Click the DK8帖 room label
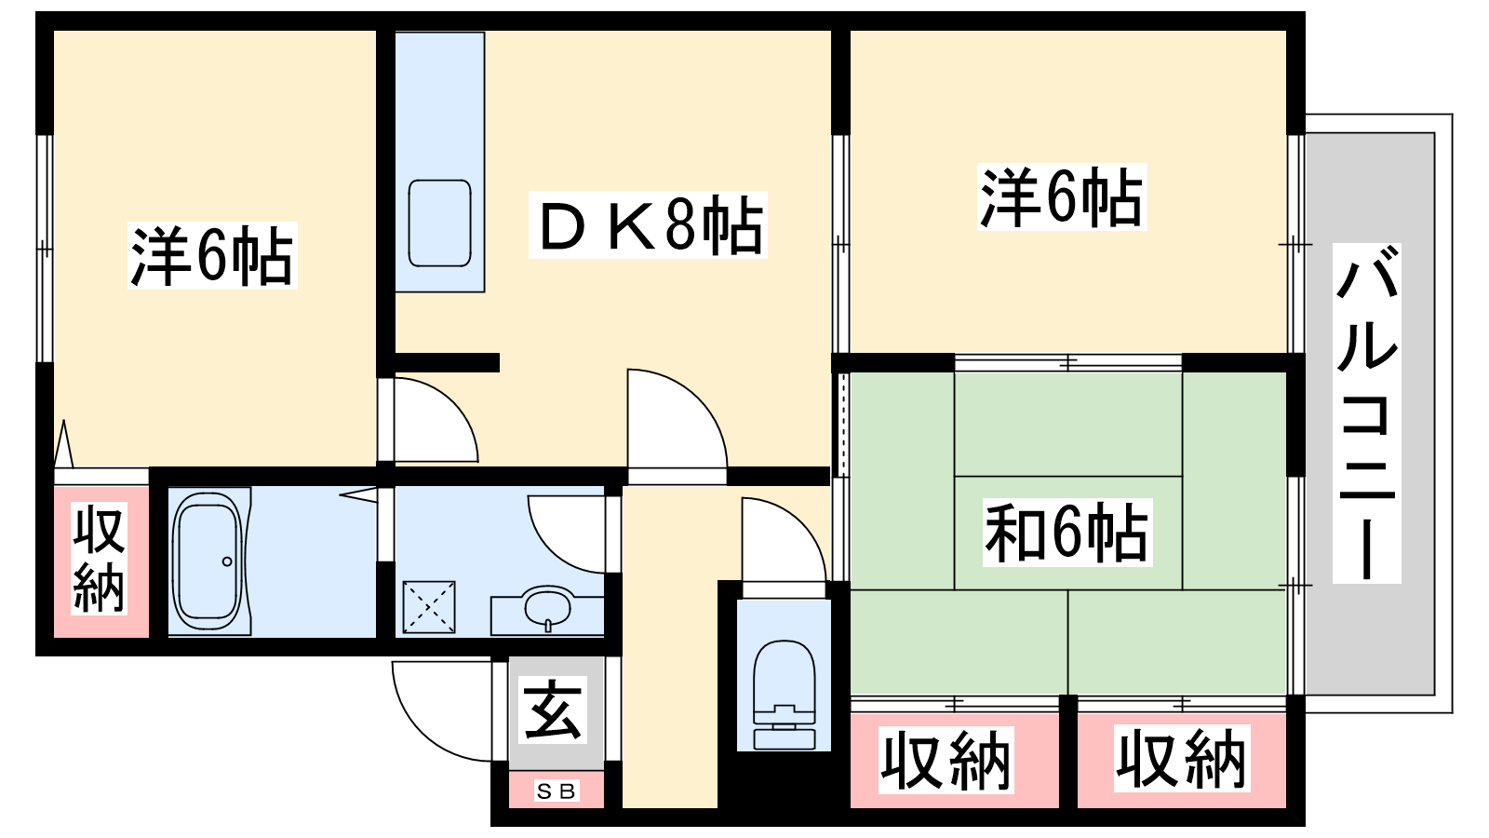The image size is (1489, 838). (648, 224)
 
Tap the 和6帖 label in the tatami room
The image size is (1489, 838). (1066, 533)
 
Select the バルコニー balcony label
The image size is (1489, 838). (1367, 413)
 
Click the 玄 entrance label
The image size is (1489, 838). (554, 710)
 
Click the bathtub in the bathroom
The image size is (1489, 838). (208, 561)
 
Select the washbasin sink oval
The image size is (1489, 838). (547, 606)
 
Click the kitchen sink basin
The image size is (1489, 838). (439, 223)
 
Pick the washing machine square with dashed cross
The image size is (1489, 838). (429, 606)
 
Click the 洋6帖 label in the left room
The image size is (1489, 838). (212, 255)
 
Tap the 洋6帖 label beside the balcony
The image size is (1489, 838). (1062, 196)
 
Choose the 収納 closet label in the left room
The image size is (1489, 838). (99, 559)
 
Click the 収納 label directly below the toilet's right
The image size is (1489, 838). (946, 760)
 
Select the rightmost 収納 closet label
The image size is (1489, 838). (1182, 759)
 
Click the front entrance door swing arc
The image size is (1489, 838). (442, 711)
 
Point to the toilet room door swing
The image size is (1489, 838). (785, 539)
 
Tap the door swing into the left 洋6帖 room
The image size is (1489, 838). (436, 420)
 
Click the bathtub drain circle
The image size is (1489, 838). (227, 561)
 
